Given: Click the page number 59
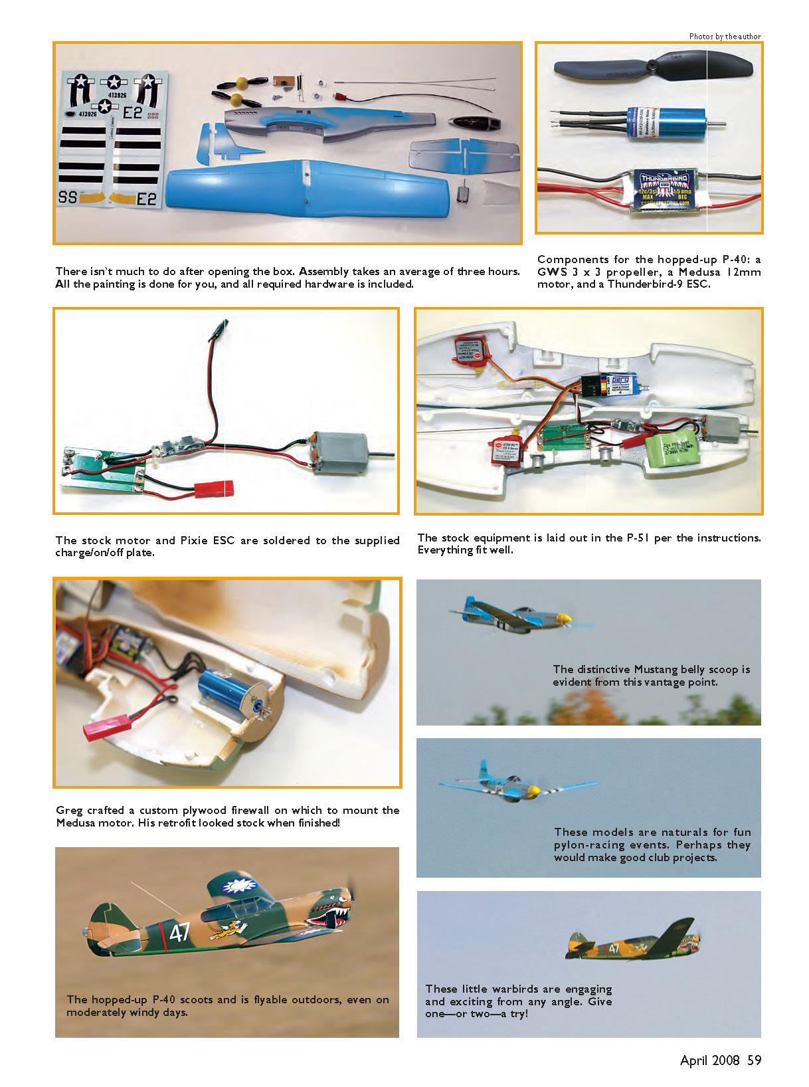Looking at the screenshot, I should (754, 1060).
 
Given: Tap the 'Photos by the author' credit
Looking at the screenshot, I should (725, 37).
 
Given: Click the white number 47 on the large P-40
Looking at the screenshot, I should (179, 932).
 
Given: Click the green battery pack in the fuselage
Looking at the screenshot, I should (672, 454).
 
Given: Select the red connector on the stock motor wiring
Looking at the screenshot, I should (214, 489).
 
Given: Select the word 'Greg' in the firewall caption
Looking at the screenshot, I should (69, 810).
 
